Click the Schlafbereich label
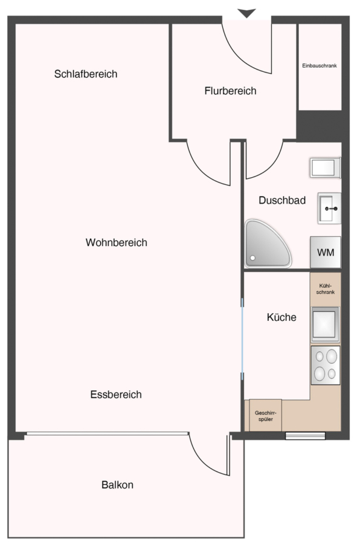tap(86, 74)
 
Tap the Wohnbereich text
tap(117, 242)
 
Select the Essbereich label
tap(116, 395)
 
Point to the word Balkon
tap(117, 485)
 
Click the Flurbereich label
tap(230, 91)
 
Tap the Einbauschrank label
tap(320, 65)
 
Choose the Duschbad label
tap(282, 200)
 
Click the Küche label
tap(281, 317)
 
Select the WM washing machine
tap(326, 252)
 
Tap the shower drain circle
tap(253, 258)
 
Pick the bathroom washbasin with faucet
tap(329, 208)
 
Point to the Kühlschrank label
tap(326, 289)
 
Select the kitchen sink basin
tap(325, 324)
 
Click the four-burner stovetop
tap(326, 365)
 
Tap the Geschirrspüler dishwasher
tap(265, 416)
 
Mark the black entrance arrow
tap(246, 13)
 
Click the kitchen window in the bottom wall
tap(305, 436)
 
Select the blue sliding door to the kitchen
tap(242, 339)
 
